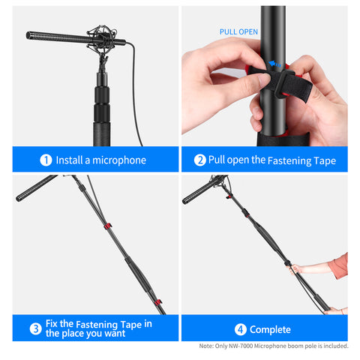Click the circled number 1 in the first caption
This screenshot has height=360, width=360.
pyautogui.click(x=46, y=160)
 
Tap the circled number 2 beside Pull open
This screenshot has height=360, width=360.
pyautogui.click(x=200, y=160)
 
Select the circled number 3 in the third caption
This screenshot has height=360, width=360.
pyautogui.click(x=35, y=328)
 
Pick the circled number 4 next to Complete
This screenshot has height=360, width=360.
pyautogui.click(x=239, y=329)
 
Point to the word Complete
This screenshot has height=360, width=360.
pyautogui.click(x=270, y=329)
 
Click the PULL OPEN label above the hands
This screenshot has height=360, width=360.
pyautogui.click(x=238, y=32)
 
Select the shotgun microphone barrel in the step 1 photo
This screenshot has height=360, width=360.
pyautogui.click(x=56, y=35)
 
